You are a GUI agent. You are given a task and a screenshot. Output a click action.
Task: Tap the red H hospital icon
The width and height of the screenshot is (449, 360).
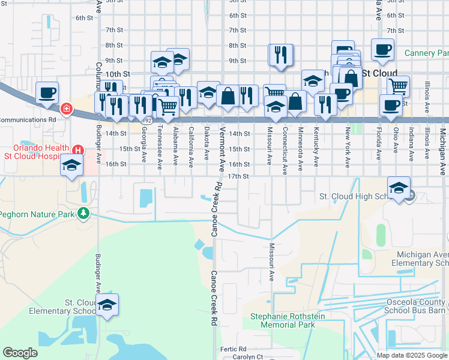click(77, 149)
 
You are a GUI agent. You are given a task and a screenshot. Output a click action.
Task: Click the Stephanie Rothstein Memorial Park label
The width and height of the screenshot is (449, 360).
click(288, 320)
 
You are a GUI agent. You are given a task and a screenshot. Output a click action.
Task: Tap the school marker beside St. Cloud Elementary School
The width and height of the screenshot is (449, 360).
click(107, 305)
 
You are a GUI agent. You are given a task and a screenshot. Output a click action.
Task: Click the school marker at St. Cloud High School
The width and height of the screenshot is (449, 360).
click(399, 188)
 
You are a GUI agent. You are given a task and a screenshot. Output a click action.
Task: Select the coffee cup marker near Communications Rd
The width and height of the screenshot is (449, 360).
click(47, 94)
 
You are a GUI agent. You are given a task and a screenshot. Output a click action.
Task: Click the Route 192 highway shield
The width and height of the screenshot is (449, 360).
click(146, 120)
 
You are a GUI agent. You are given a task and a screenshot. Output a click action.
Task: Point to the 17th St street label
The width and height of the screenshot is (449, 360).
click(238, 176)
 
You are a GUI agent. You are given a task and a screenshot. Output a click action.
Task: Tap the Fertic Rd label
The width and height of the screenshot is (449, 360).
click(234, 349)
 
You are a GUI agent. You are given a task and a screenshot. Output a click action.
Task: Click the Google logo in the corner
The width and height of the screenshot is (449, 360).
click(20, 353)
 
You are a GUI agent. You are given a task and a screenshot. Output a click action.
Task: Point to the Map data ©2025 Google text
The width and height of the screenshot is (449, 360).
click(411, 355)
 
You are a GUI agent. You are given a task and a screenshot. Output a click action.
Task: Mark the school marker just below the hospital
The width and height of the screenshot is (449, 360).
click(71, 166)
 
